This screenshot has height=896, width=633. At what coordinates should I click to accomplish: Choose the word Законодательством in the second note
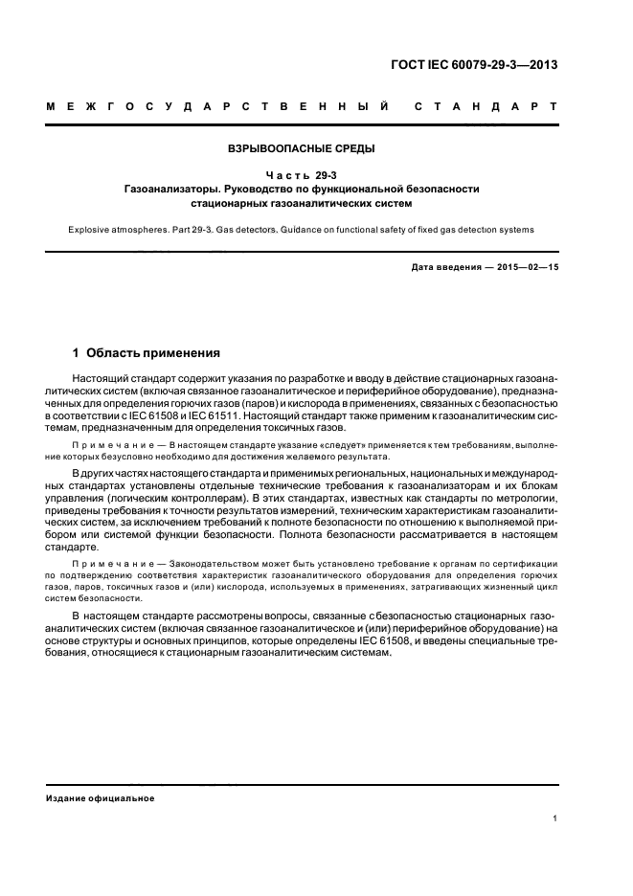(221, 565)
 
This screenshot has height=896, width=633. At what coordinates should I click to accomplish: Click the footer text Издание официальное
(101, 798)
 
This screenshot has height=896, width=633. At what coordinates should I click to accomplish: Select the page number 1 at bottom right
(555, 820)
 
